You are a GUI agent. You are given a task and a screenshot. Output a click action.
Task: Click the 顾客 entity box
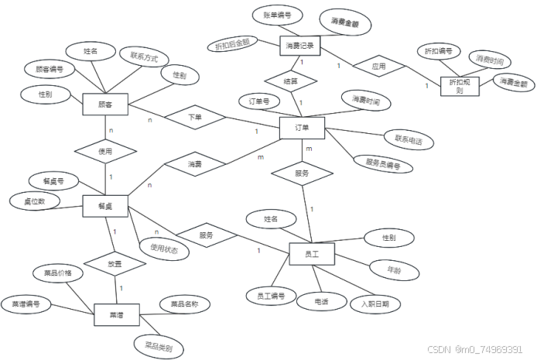point(104,104)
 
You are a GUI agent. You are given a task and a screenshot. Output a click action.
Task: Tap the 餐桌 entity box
point(105,206)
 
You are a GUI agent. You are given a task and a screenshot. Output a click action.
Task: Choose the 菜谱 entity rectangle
point(116,315)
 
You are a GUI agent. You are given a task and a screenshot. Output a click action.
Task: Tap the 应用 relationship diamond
point(378,67)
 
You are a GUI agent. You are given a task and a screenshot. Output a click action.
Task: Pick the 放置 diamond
point(115,262)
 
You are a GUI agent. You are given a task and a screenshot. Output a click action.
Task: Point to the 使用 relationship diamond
point(105,152)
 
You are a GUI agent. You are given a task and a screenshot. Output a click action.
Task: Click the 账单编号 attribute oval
point(277,15)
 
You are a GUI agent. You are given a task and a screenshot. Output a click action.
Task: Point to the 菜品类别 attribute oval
point(158,344)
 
